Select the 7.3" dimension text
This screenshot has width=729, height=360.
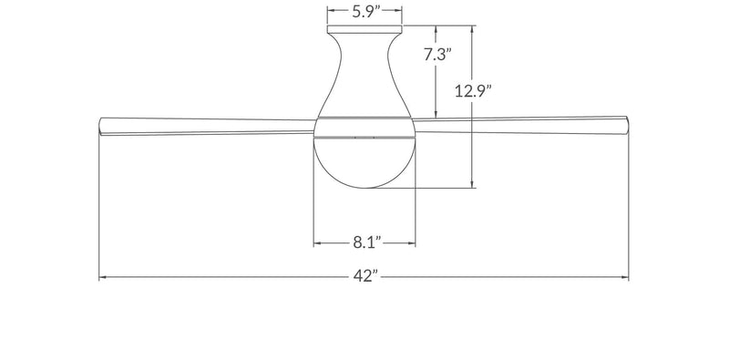tap(438, 55)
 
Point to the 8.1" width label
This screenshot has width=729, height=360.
tap(364, 243)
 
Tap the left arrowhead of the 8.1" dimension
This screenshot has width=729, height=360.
tap(317, 243)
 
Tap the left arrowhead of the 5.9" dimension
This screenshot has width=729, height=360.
tap(330, 12)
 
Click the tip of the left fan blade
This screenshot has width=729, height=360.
tap(100, 126)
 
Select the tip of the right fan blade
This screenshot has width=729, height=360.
tap(628, 124)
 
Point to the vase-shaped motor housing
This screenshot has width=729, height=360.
tap(364, 77)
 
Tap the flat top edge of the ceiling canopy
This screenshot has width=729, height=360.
tap(364, 27)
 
